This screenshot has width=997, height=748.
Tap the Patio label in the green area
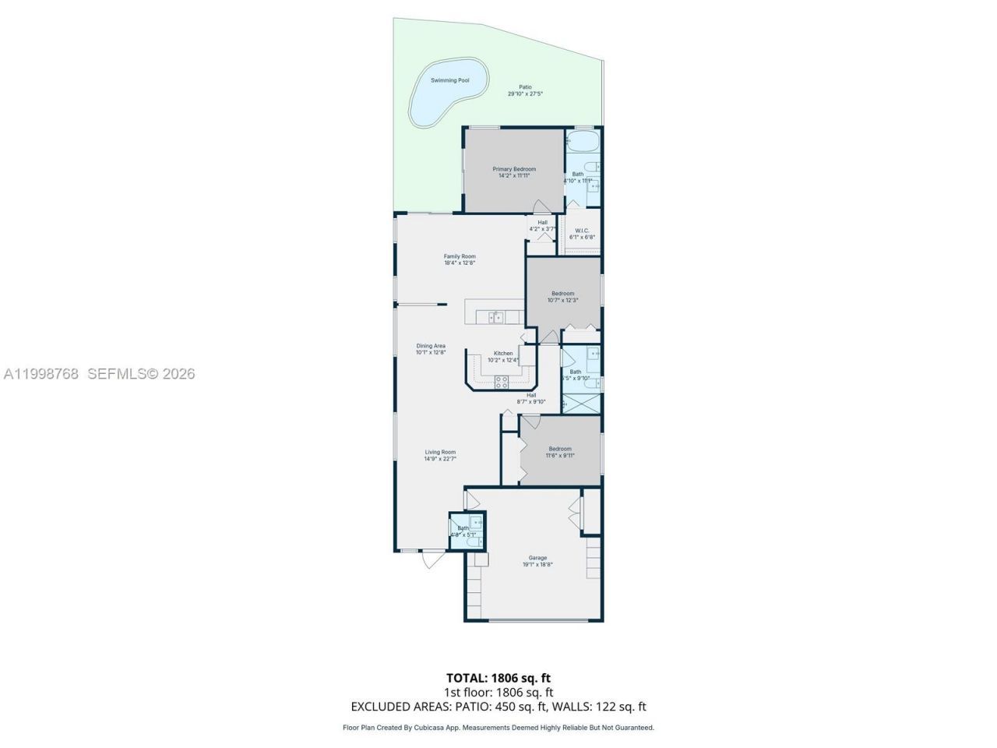pos(525,90)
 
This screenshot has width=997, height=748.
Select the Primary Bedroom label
pos(514,172)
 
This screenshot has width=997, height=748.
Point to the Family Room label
pos(460,259)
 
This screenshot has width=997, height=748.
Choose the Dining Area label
pos(431,349)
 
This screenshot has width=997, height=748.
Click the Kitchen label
pos(502,356)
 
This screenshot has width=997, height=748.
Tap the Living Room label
pos(440,455)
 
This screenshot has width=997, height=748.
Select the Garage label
pos(537,561)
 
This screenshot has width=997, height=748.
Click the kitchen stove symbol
pos(502,381)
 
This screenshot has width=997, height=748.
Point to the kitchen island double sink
pos(496,316)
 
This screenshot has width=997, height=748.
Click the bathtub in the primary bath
pos(582,142)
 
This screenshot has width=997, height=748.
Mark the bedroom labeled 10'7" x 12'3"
pos(562,296)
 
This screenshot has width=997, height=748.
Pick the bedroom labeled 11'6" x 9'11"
pos(560,452)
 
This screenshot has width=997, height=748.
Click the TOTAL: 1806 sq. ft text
pos(498,678)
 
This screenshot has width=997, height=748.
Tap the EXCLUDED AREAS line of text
pos(498,707)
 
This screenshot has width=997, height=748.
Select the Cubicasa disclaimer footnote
pos(498,728)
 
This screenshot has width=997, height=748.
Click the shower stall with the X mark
pos(581,404)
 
